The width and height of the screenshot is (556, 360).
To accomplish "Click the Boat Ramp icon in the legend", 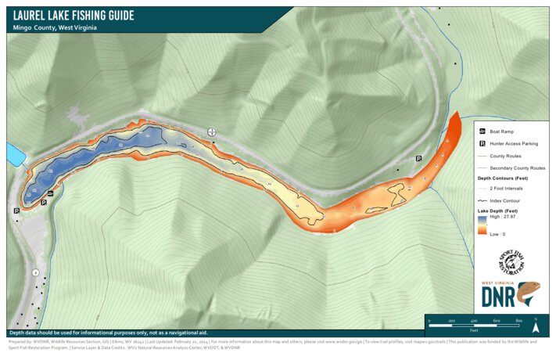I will [x=482, y=131].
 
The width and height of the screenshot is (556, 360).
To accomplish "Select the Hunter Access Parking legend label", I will [x=514, y=144].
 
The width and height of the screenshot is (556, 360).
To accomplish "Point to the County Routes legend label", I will [x=506, y=156].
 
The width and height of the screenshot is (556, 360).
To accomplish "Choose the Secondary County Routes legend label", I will [x=517, y=168].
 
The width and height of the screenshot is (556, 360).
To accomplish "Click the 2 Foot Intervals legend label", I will [x=509, y=189].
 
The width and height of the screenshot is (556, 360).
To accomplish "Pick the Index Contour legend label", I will [x=506, y=201].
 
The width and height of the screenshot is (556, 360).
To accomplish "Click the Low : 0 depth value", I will [x=497, y=234].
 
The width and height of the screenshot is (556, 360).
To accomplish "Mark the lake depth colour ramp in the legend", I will [x=482, y=225].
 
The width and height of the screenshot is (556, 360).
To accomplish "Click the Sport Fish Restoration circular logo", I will [x=512, y=264].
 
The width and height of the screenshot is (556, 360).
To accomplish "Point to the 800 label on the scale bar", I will [x=518, y=322].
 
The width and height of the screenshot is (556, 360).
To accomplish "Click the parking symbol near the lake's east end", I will [x=419, y=158].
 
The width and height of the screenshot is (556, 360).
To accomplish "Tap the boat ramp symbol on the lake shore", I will [x=50, y=193].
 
